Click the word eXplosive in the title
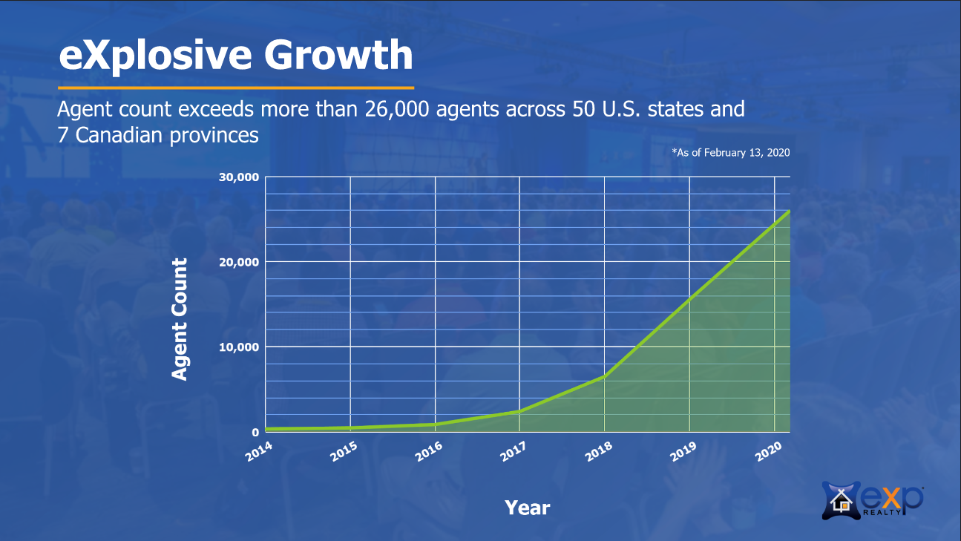tap(155, 56)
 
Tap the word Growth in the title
tap(338, 54)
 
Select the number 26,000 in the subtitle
tap(397, 109)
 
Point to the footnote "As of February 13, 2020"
tap(731, 153)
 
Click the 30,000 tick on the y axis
tap(239, 177)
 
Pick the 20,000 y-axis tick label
tap(239, 262)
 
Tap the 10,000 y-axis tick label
tap(239, 347)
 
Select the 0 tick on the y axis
tap(256, 433)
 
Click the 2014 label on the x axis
tap(259, 452)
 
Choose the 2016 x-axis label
tap(429, 452)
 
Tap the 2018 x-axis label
tap(598, 452)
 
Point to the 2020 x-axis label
tap(769, 452)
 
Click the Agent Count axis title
tap(180, 319)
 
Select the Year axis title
tap(528, 508)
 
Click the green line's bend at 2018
tap(605, 376)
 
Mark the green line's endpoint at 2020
tap(789, 212)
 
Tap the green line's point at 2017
tap(519, 411)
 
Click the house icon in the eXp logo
tap(841, 501)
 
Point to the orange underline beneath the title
tap(236, 88)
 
